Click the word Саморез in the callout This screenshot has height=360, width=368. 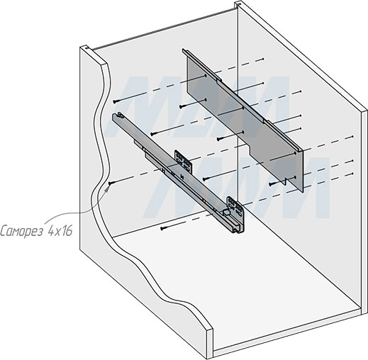[x=22, y=230]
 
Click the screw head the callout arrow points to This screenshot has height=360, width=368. [x=110, y=184]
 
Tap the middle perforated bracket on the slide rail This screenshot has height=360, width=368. [x=183, y=161]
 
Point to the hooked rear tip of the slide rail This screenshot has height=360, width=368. [x=119, y=116]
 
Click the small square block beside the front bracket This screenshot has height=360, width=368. [x=226, y=213]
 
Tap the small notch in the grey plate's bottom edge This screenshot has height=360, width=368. [x=285, y=181]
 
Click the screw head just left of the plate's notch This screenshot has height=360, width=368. [x=271, y=183]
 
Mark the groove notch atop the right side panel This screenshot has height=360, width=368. [x=238, y=3]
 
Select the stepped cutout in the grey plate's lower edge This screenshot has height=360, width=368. [x=252, y=151]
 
